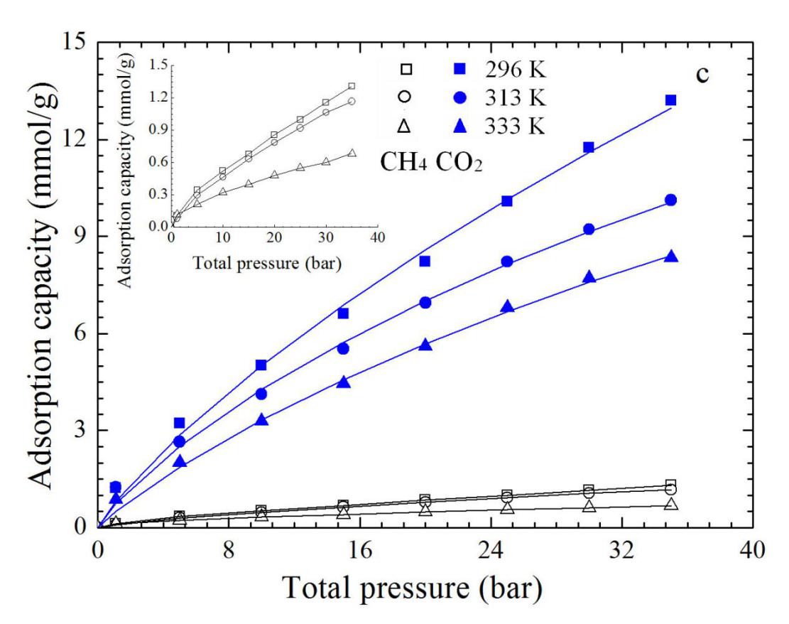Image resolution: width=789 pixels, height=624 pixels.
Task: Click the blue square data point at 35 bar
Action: tap(670, 100)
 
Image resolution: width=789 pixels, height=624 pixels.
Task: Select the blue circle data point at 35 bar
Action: tap(670, 200)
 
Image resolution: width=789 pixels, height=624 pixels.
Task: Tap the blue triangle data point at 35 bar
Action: tap(670, 256)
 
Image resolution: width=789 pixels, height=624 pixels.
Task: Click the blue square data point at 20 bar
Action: tap(425, 262)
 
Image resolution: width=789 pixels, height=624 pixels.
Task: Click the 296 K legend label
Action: tap(516, 70)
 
